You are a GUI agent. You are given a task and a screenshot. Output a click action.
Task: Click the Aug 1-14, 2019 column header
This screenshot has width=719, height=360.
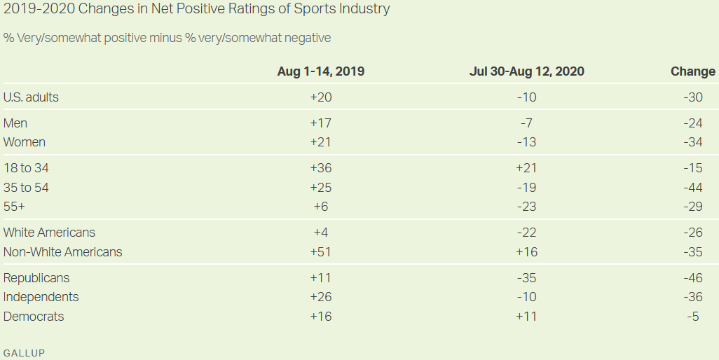[320, 71]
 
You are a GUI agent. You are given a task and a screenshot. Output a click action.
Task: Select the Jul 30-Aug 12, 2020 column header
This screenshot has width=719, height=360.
[526, 71]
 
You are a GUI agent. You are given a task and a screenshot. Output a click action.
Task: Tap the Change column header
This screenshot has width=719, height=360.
[692, 71]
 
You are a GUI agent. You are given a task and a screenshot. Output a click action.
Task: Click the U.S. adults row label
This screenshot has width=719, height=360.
[31, 97]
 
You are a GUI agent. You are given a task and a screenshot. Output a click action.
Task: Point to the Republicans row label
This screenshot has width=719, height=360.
[36, 278]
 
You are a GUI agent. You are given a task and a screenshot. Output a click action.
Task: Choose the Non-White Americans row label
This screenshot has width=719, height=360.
[62, 252]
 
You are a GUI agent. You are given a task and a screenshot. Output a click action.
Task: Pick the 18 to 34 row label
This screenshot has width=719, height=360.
[26, 168]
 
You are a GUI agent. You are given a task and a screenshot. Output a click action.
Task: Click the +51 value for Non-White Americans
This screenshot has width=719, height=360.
[320, 252]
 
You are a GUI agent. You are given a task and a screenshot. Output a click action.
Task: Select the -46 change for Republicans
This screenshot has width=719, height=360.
[692, 278]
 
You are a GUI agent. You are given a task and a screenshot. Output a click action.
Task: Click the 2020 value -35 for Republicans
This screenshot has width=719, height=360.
[526, 278]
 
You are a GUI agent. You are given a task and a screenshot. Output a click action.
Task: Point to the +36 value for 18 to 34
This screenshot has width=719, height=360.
[320, 168]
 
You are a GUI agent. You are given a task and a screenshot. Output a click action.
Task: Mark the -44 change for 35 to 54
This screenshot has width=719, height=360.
[692, 188]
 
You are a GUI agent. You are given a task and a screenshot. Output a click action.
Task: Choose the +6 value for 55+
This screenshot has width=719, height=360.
[320, 207]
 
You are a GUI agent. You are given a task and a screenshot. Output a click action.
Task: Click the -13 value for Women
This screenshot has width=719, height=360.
[526, 142]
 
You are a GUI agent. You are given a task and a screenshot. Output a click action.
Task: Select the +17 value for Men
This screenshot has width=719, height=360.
[320, 123]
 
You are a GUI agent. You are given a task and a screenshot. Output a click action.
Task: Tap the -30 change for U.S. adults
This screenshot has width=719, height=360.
[692, 97]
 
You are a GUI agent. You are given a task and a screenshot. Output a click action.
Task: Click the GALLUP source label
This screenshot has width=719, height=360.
[24, 353]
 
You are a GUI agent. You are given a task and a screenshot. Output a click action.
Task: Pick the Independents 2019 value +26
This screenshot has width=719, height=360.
[320, 297]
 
